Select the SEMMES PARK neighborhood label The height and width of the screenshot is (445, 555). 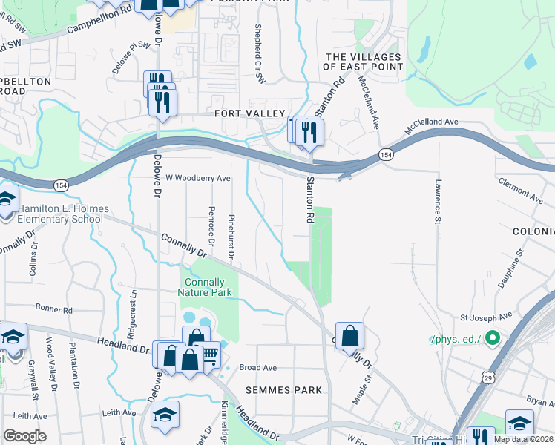click(285, 389)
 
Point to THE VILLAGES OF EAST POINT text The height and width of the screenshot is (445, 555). click(364, 62)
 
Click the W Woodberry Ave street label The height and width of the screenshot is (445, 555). click(198, 178)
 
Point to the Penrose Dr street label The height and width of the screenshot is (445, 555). click(211, 225)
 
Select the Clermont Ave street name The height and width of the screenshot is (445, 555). click(520, 191)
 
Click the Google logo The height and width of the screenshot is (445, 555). click(24, 436)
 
